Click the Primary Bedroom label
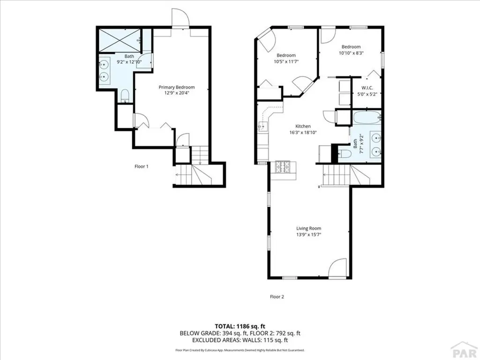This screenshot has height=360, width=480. (176, 87)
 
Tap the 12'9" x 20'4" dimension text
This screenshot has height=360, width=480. (176, 93)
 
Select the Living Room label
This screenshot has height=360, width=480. (308, 228)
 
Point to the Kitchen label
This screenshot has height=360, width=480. (303, 127)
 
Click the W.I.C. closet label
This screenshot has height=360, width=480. (367, 88)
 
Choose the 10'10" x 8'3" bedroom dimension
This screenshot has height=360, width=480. (351, 53)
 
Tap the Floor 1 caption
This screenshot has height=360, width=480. (142, 166)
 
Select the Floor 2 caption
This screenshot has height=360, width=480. (277, 297)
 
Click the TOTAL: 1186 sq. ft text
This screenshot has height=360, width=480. (240, 326)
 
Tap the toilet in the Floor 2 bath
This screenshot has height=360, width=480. (344, 153)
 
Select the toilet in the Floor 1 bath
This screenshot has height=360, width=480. (125, 97)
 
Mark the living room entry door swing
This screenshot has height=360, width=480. (337, 270)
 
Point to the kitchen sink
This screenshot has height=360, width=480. (261, 126)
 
